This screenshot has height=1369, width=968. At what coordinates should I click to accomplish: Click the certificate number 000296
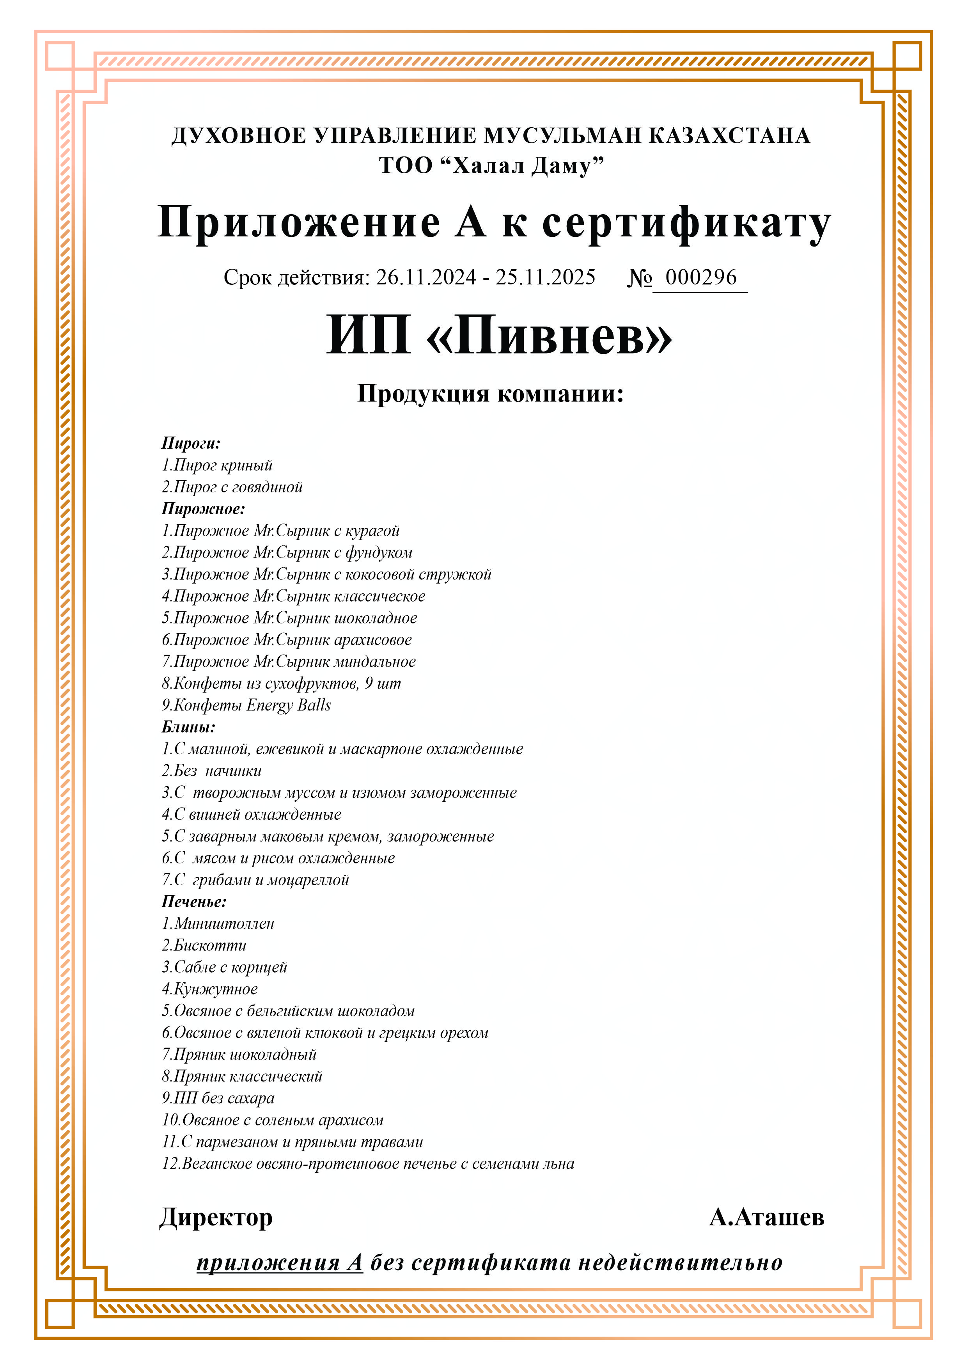click(700, 277)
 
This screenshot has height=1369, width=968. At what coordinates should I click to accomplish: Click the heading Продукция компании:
click(490, 394)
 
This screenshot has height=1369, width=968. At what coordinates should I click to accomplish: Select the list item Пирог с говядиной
click(232, 487)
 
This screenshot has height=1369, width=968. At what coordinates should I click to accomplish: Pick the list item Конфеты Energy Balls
click(246, 705)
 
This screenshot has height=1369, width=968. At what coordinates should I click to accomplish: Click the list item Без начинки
click(212, 771)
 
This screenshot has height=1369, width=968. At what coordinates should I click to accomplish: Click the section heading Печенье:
click(194, 902)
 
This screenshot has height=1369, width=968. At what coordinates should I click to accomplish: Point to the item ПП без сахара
click(218, 1098)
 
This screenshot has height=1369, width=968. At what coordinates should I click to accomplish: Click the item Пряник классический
click(242, 1076)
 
